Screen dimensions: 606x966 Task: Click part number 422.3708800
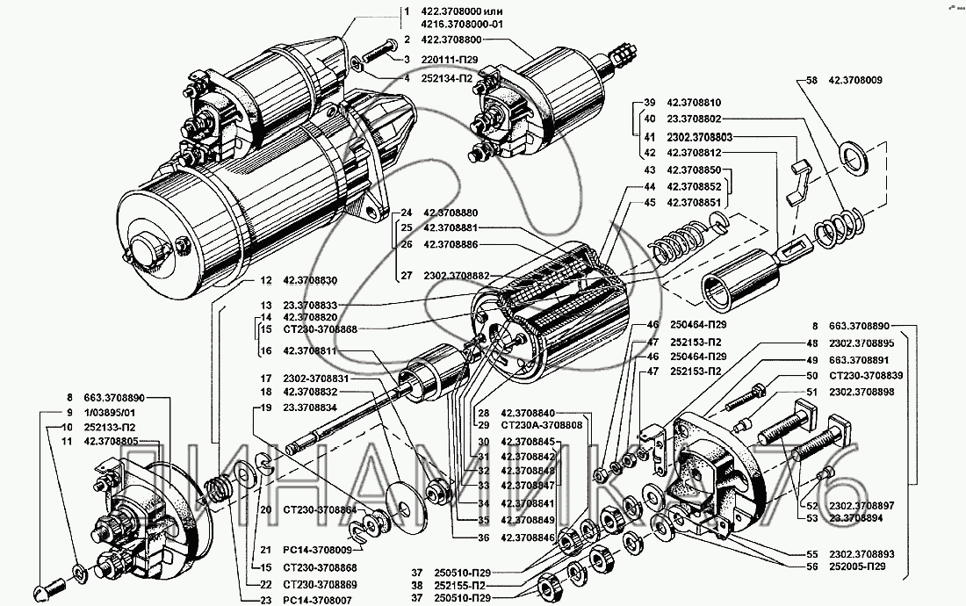click(458, 40)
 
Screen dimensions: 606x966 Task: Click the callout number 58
click(801, 80)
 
